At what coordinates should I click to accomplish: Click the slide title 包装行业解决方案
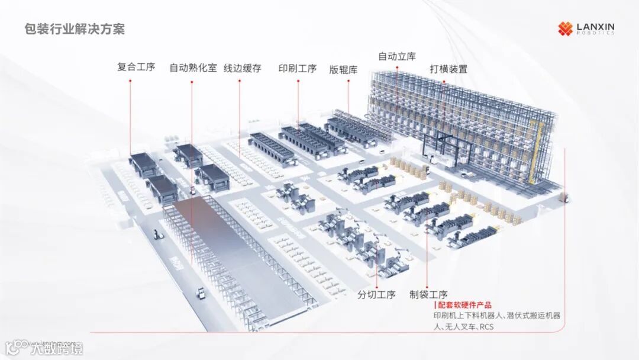(75, 29)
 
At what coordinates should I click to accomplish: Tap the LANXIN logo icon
(565, 28)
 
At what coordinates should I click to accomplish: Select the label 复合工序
(136, 67)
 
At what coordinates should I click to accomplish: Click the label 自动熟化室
(193, 67)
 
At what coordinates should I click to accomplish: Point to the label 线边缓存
(242, 68)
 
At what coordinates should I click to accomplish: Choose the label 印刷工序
(298, 68)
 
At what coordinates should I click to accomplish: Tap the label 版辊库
(344, 69)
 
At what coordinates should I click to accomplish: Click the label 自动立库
(397, 56)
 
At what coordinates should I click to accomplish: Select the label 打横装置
(448, 69)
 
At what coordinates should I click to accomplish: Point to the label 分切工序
(376, 294)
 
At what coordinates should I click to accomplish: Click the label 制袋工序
(428, 294)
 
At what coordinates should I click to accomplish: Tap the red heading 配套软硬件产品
(464, 305)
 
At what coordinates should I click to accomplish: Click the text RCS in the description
(486, 326)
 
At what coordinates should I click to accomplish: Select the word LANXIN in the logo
(595, 26)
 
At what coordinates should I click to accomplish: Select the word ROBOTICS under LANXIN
(595, 33)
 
